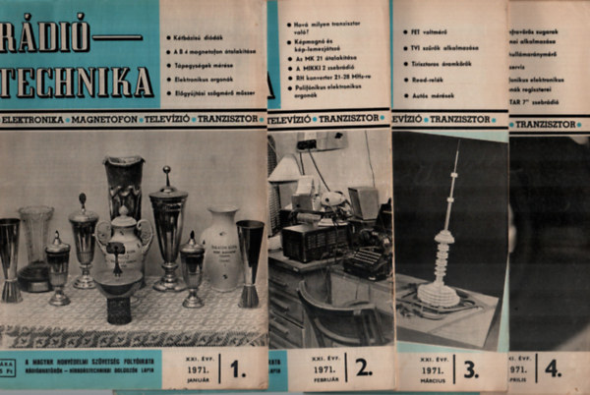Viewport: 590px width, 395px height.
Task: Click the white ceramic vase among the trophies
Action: coord(220,248)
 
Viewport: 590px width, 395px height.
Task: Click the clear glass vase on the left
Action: coord(36,246)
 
